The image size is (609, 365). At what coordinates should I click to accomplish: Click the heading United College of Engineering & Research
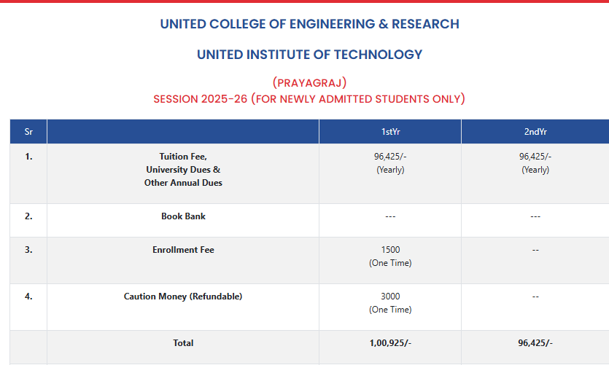pyautogui.click(x=309, y=24)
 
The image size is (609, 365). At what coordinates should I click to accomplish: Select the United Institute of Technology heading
pyautogui.click(x=309, y=55)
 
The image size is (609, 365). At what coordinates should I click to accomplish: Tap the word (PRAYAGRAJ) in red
pyautogui.click(x=309, y=82)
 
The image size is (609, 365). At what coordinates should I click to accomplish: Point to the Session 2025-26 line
pyautogui.click(x=309, y=99)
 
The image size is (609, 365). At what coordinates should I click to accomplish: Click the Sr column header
pyautogui.click(x=28, y=132)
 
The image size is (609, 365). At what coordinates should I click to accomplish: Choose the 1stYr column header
pyautogui.click(x=390, y=132)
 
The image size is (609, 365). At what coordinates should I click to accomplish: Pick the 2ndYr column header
pyautogui.click(x=535, y=132)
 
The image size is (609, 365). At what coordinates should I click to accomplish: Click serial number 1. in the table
pyautogui.click(x=28, y=157)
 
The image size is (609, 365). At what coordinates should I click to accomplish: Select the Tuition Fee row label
pyautogui.click(x=183, y=157)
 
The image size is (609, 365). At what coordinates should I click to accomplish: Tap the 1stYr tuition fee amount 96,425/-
pyautogui.click(x=390, y=157)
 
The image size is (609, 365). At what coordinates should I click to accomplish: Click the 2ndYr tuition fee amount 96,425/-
pyautogui.click(x=535, y=157)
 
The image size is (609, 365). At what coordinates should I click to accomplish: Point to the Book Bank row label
pyautogui.click(x=183, y=216)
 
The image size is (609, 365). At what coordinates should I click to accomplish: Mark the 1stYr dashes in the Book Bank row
pyautogui.click(x=390, y=216)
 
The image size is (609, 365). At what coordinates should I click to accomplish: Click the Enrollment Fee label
pyautogui.click(x=183, y=250)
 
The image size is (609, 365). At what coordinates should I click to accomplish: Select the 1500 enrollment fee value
pyautogui.click(x=390, y=250)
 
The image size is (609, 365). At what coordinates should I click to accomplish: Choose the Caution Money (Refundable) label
pyautogui.click(x=183, y=297)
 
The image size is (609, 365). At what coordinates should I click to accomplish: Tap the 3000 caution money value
pyautogui.click(x=390, y=297)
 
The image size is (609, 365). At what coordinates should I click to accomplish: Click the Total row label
pyautogui.click(x=183, y=343)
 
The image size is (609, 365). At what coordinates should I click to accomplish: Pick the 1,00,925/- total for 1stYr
pyautogui.click(x=390, y=343)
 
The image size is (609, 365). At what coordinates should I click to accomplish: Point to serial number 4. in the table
pyautogui.click(x=28, y=297)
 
